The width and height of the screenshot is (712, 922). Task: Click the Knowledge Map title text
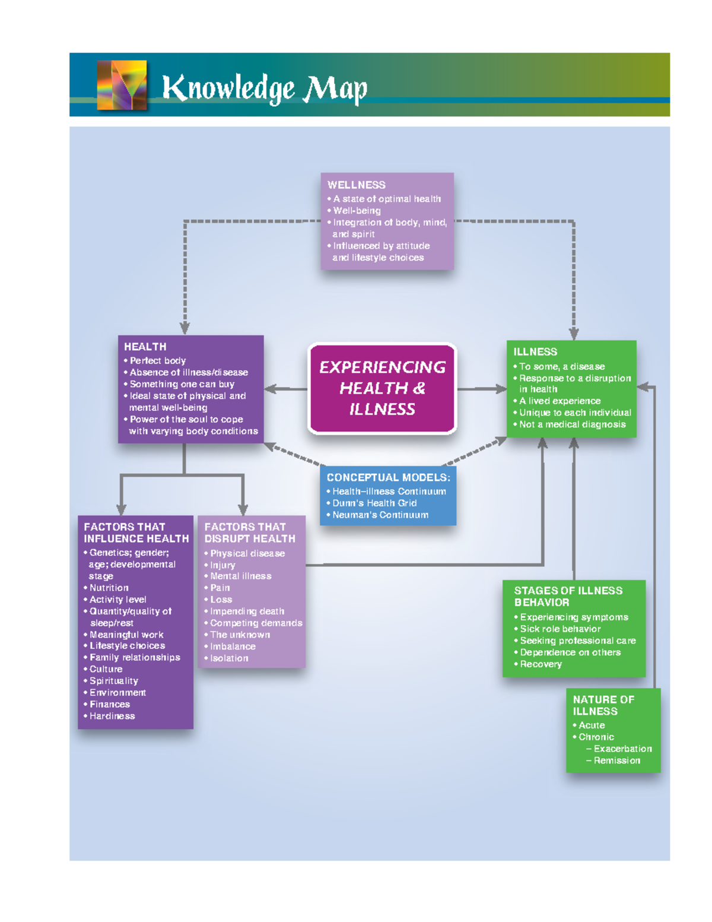point(265,89)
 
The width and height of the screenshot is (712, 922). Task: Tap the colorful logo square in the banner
point(122,85)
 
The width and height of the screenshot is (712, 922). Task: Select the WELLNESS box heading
point(356,185)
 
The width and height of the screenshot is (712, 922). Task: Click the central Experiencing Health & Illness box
point(382,388)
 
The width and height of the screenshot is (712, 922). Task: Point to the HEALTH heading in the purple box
point(145,347)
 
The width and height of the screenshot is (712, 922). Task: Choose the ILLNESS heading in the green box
point(535,351)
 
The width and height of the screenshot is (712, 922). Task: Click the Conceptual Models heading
point(388,477)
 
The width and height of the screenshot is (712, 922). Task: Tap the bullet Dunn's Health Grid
point(374,503)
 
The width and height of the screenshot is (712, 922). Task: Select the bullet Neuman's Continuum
point(380,515)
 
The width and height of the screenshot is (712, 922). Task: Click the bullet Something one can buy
point(182,384)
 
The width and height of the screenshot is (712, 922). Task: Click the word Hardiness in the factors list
point(112,716)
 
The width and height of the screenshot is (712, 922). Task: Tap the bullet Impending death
point(247,611)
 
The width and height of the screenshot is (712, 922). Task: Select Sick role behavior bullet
point(560,629)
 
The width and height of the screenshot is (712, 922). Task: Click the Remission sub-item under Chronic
point(616,761)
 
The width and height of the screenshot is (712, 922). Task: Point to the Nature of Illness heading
point(603,705)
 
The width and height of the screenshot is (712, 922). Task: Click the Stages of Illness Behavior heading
point(568,596)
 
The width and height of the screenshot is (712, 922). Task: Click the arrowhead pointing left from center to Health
point(270,389)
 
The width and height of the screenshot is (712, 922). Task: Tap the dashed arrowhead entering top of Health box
point(185,328)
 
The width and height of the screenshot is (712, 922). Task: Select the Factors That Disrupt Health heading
point(249,533)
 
